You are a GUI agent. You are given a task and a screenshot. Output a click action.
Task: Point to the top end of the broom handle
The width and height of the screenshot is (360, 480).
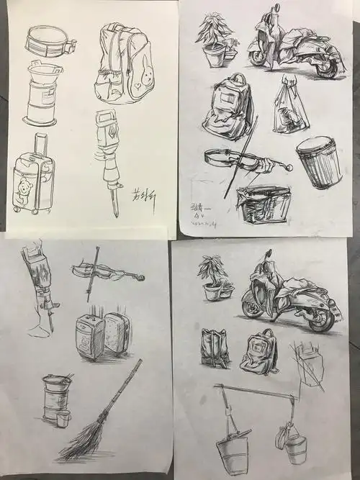140,361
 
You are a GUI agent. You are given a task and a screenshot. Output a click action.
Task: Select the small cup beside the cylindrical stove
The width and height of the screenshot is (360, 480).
63,419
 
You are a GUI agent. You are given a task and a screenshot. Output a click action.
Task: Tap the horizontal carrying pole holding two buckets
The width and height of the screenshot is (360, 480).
256,393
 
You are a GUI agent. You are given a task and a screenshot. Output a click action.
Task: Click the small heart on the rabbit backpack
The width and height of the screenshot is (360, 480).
137,93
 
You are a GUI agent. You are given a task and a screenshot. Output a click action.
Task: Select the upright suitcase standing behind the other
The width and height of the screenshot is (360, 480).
117,332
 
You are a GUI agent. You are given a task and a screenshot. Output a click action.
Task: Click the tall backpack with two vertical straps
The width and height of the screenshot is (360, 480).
215,348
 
